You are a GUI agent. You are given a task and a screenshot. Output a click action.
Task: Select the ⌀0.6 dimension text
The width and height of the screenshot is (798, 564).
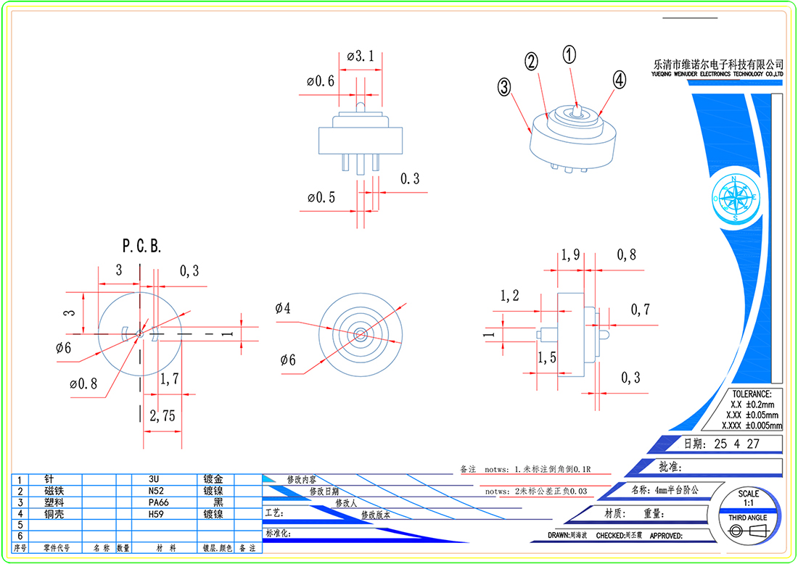[321, 81]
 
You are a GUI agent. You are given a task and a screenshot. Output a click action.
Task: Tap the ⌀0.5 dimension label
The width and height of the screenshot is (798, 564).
[321, 197]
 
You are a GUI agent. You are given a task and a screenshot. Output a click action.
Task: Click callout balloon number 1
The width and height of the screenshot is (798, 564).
[569, 54]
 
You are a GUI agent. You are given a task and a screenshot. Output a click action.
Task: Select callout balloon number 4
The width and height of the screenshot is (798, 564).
[618, 80]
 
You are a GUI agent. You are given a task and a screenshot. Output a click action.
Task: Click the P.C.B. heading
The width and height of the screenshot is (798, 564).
[141, 246]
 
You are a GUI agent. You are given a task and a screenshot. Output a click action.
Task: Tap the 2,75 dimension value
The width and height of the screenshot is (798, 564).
[163, 416]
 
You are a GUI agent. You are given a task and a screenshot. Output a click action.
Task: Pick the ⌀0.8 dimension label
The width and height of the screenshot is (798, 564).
[83, 383]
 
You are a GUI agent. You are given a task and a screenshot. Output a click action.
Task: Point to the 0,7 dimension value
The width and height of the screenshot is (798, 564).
[640, 310]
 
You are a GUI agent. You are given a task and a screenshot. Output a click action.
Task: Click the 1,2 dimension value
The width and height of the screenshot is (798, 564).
[510, 296]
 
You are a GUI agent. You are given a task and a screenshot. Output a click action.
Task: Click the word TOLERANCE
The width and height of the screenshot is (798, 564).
[752, 394]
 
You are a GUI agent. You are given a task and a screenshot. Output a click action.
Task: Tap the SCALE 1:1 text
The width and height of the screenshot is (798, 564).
[748, 498]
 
